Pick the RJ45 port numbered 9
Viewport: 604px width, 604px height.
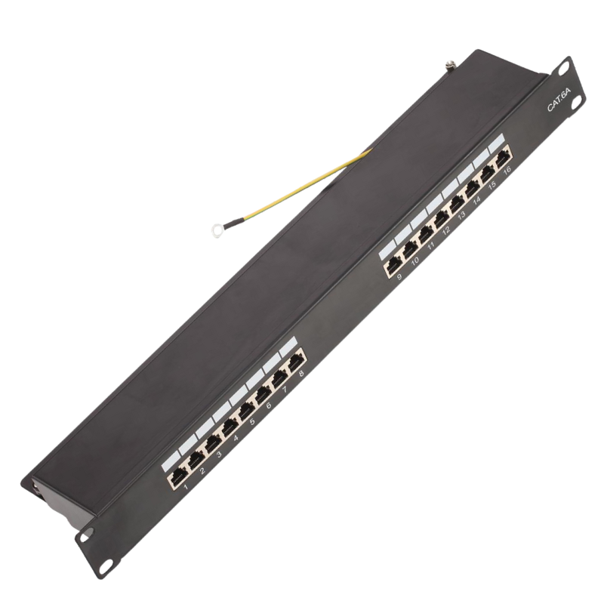(x=393, y=263)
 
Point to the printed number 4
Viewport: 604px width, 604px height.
(x=237, y=437)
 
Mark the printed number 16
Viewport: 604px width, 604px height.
(x=507, y=171)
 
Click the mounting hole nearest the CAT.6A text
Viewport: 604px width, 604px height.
(x=563, y=68)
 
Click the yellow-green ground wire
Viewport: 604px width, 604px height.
(x=302, y=185)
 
